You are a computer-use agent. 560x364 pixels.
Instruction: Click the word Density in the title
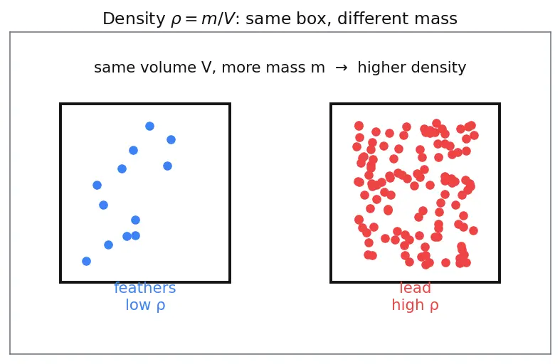(x=134, y=19)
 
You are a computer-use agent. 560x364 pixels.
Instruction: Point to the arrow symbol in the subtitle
(x=342, y=68)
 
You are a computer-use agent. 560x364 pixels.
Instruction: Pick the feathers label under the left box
(x=145, y=288)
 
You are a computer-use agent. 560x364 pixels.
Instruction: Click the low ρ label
(x=145, y=305)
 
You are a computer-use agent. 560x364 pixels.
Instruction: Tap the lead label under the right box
(x=415, y=288)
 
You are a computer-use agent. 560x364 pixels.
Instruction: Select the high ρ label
(x=415, y=305)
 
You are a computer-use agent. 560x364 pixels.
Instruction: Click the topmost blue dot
(x=149, y=126)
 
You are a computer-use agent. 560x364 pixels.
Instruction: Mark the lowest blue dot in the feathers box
(x=86, y=261)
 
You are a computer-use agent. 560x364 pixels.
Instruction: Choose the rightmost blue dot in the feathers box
(x=171, y=139)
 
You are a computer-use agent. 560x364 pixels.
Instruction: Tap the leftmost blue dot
(x=86, y=261)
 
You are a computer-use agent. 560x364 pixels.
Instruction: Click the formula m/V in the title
(x=218, y=19)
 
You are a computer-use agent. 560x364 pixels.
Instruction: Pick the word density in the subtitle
(x=438, y=67)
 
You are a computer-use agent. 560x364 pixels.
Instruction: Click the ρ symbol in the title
(x=176, y=21)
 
